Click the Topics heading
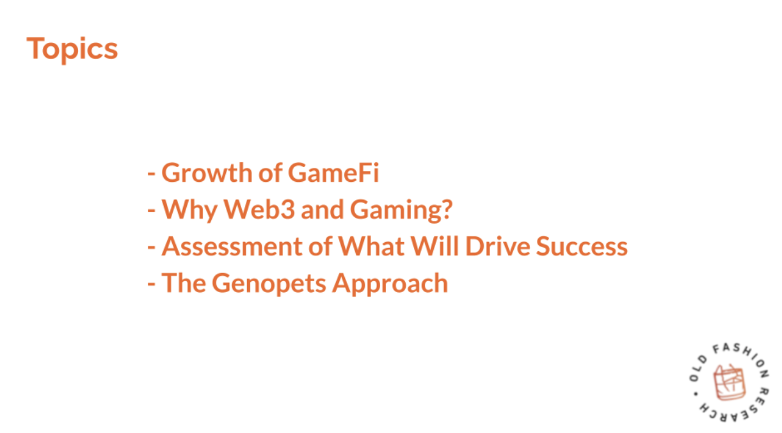point(72,49)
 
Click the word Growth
point(207,173)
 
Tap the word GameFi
point(334,173)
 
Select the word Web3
point(259,209)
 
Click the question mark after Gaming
point(447,209)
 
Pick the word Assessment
point(232,247)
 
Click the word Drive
point(498,247)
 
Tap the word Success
point(582,247)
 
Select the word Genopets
point(269,284)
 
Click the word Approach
point(390,284)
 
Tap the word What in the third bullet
point(371,247)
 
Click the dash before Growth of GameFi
point(151,174)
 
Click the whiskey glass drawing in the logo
point(730,382)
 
